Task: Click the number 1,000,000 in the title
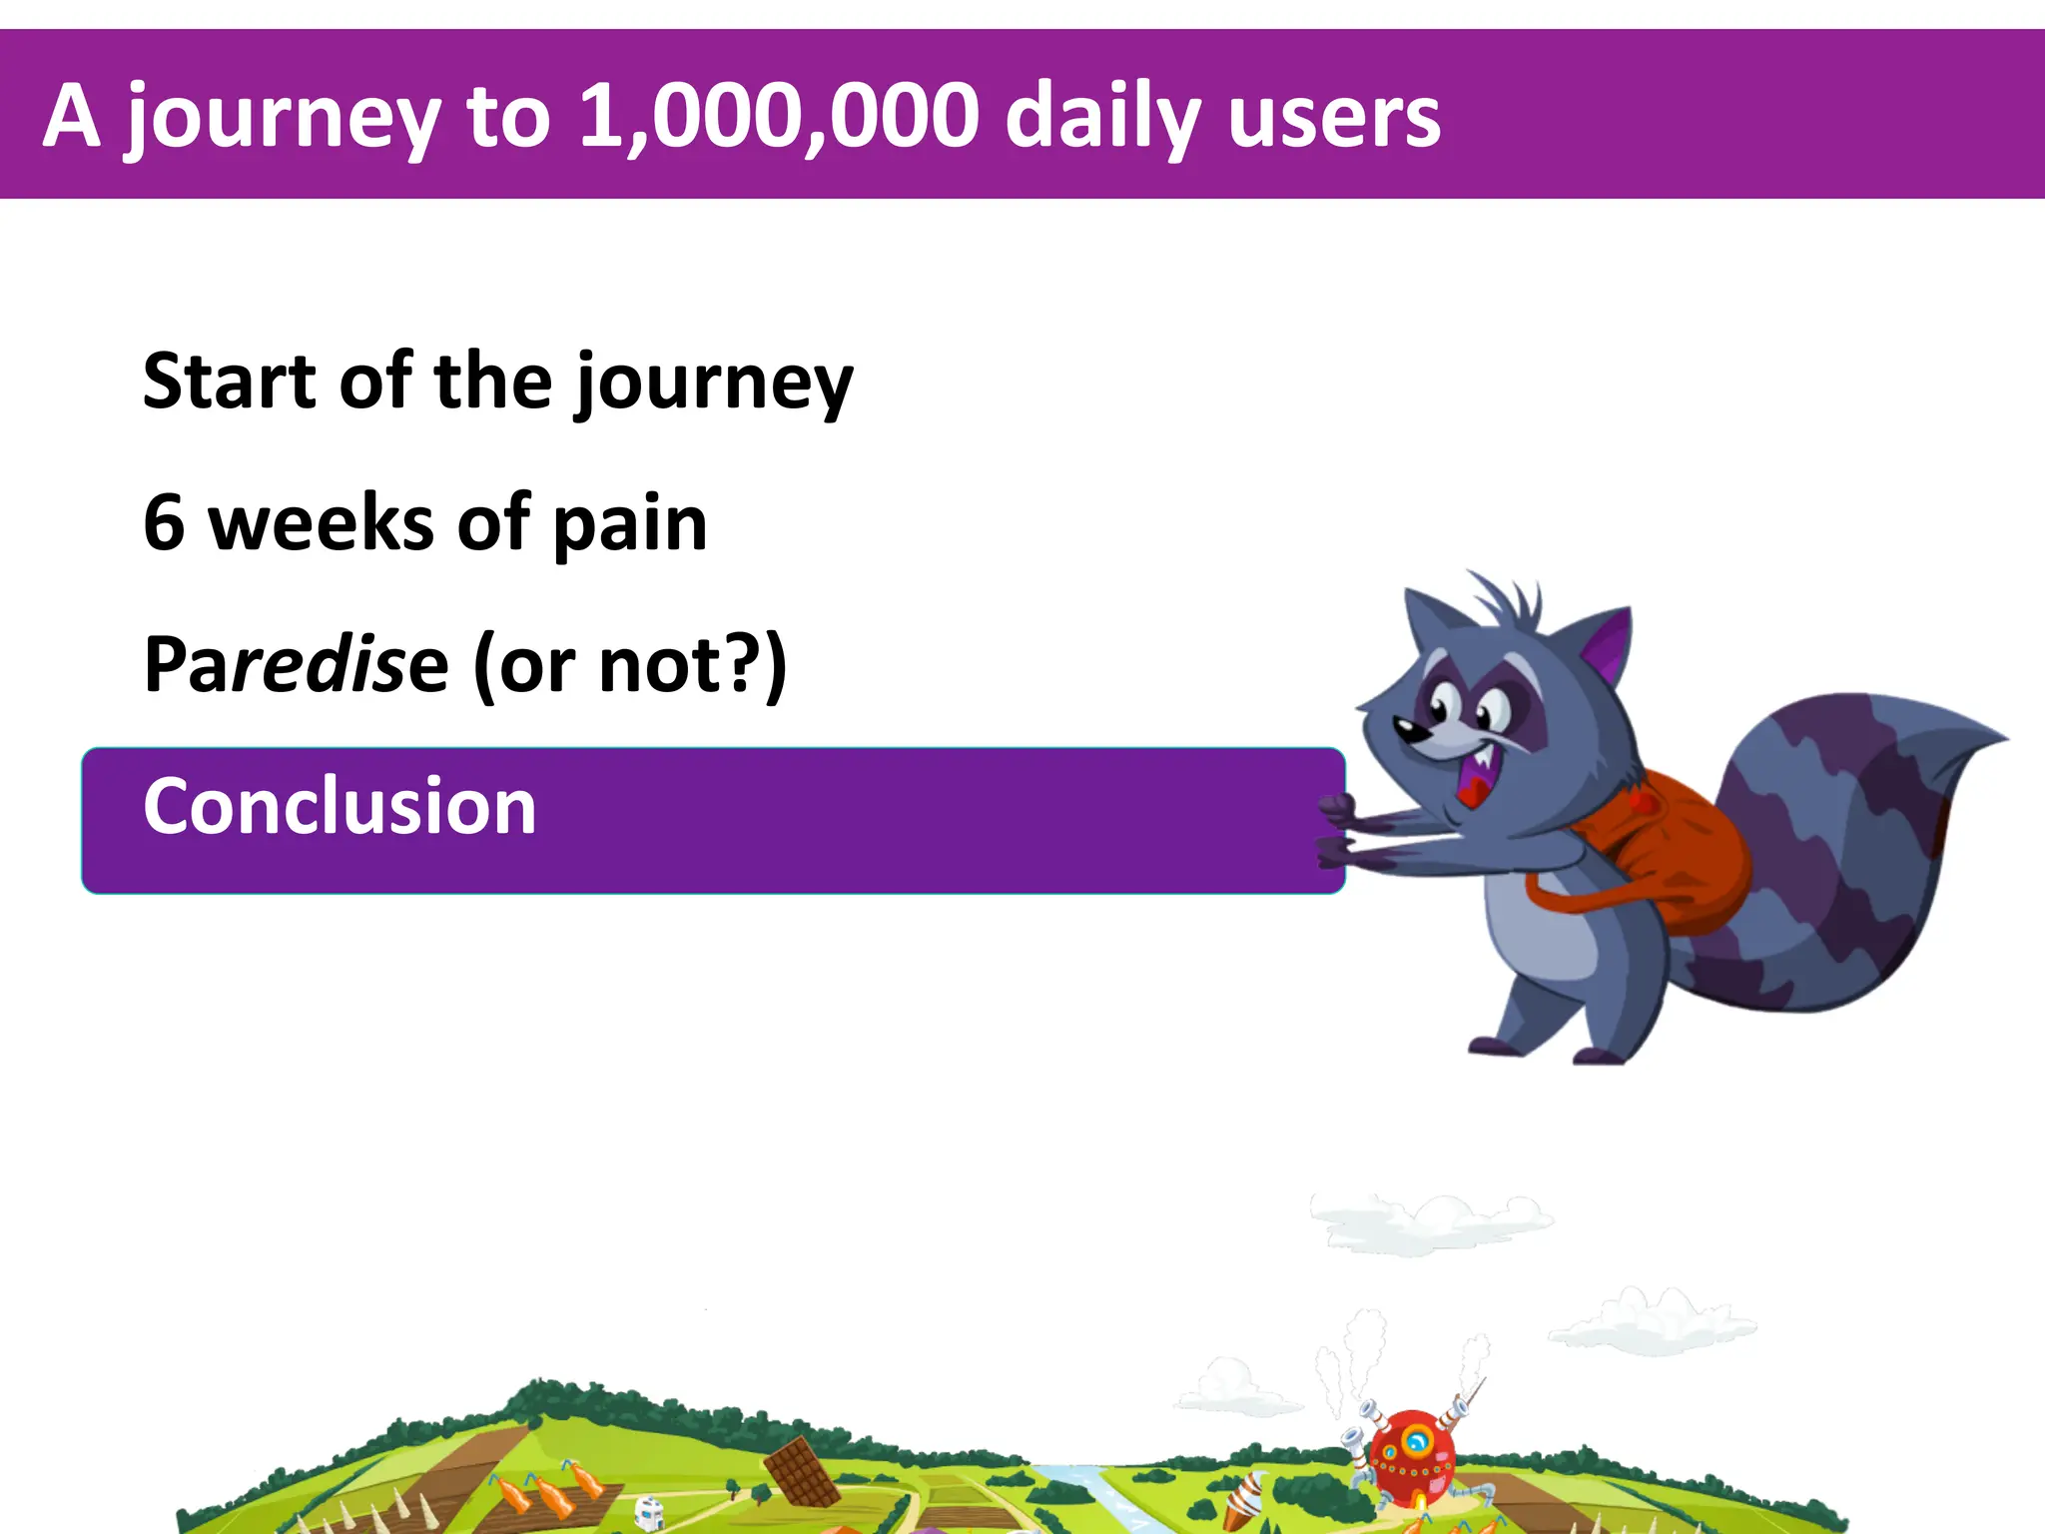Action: point(779,117)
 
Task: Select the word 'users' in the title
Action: point(1334,119)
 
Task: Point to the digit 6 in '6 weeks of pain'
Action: point(165,522)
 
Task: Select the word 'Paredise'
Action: point(296,665)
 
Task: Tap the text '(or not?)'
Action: point(630,665)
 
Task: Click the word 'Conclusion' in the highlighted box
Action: point(340,806)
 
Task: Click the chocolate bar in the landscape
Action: point(802,1470)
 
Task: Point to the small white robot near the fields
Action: point(649,1512)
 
